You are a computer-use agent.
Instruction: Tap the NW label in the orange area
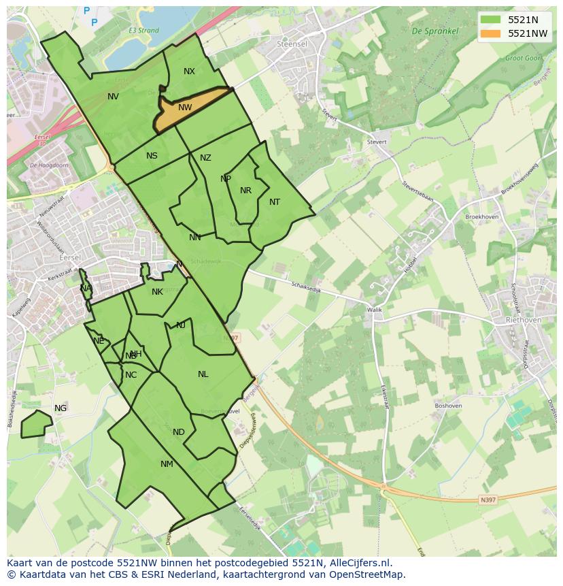point(185,108)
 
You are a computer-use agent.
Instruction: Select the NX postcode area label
point(189,71)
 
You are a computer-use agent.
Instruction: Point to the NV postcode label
point(113,97)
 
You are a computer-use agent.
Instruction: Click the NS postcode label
point(152,156)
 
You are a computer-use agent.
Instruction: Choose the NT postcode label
point(275,202)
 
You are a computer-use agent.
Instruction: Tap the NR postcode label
point(245,191)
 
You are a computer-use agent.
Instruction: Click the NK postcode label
point(157,292)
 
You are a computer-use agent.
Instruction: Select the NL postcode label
point(203,374)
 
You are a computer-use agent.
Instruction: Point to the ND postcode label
point(178,432)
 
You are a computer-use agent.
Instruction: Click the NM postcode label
point(167,464)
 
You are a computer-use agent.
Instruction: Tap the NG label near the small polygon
point(61,408)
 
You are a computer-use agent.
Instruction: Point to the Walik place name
point(375,310)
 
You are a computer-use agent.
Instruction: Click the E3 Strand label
point(143,31)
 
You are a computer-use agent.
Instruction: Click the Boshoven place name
point(448,406)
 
